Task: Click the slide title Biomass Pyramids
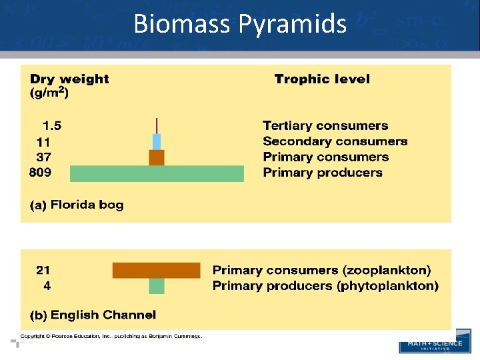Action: click(x=240, y=24)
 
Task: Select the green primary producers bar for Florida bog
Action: click(x=157, y=173)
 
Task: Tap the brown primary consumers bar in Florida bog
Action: click(x=157, y=157)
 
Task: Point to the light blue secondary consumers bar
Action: click(x=157, y=141)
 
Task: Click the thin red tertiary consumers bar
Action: click(x=157, y=125)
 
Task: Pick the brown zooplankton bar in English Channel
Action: click(x=156, y=270)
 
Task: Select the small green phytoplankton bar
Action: click(x=156, y=286)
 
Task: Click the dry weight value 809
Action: click(x=40, y=173)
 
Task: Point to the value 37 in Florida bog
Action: click(x=43, y=157)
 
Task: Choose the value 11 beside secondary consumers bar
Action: click(x=43, y=141)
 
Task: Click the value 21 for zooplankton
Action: click(x=43, y=270)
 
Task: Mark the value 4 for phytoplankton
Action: click(x=47, y=286)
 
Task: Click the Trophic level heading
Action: click(x=322, y=79)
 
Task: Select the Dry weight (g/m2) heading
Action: click(x=69, y=85)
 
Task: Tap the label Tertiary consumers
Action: click(x=325, y=125)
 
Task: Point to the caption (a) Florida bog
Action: click(x=77, y=205)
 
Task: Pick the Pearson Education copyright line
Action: click(x=111, y=336)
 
